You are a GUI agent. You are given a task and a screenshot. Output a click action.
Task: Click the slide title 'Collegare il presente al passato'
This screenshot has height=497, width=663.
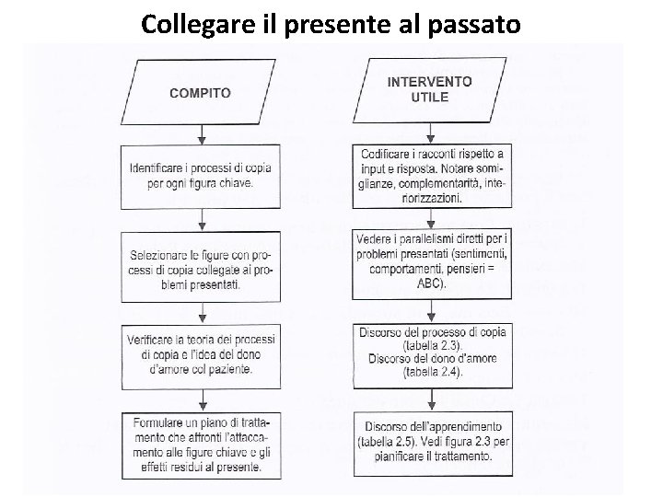(331, 22)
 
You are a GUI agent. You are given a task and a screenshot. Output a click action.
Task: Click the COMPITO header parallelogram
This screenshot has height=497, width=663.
(201, 92)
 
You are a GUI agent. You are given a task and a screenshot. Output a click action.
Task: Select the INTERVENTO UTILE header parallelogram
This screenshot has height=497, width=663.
(429, 89)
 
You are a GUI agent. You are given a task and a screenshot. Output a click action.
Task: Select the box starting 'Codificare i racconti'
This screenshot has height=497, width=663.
(431, 175)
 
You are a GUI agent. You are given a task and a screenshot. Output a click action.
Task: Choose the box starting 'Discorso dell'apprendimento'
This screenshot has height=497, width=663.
(431, 441)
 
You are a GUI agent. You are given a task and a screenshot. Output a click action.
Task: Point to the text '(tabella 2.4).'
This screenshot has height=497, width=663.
(431, 373)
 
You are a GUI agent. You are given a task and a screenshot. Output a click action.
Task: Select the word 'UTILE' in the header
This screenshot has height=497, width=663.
(429, 98)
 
